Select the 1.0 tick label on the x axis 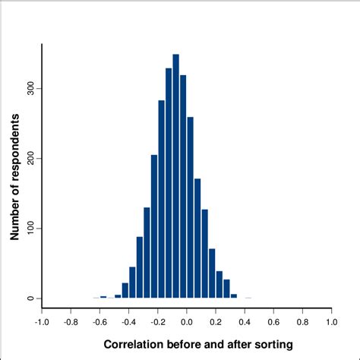[331, 321]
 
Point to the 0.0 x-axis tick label [186, 321]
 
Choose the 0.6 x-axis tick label [273, 321]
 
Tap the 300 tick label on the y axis [27, 88]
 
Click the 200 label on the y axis [27, 158]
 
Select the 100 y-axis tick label [27, 228]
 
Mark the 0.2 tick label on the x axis [216, 321]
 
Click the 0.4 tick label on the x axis [245, 321]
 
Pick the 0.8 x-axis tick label [302, 321]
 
